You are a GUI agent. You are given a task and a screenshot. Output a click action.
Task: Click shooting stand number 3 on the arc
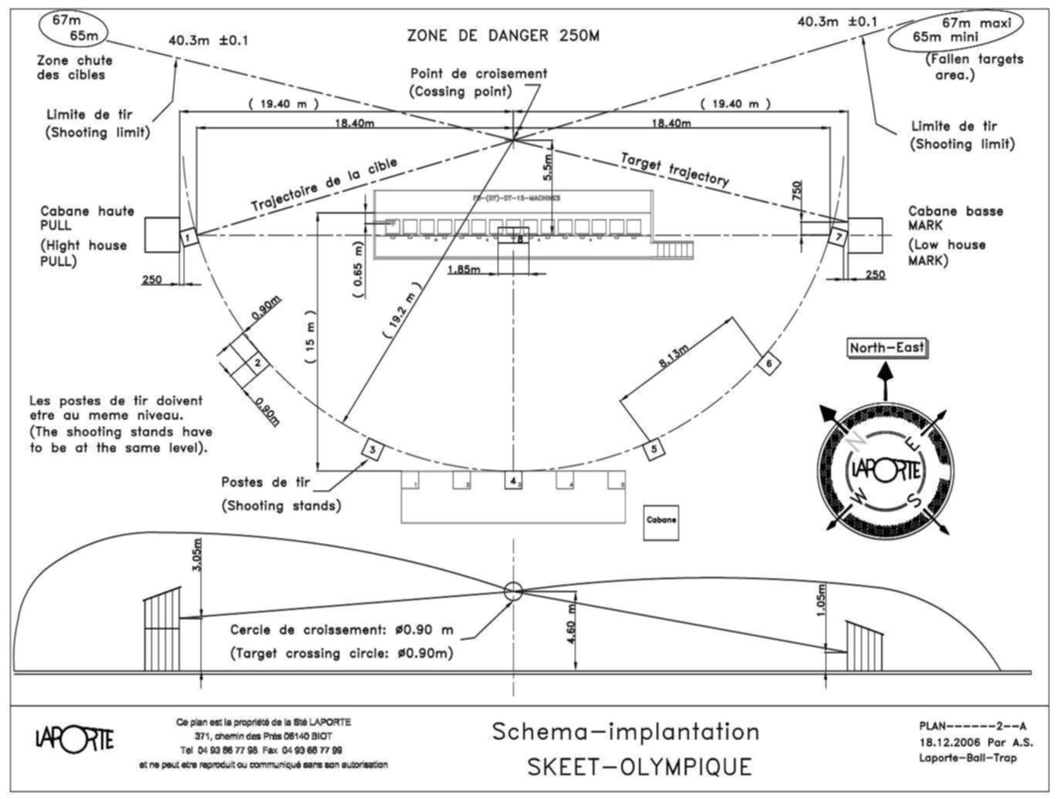(372, 448)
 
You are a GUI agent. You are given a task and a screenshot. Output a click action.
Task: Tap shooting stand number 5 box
(653, 448)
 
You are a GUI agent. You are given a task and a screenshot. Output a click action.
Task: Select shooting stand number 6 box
(768, 362)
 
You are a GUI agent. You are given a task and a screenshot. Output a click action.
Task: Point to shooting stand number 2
(258, 363)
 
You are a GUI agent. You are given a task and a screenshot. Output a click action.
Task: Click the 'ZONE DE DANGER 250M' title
(502, 35)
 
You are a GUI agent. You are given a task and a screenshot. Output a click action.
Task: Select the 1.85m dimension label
(464, 269)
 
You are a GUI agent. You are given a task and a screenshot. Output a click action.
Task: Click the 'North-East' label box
(887, 348)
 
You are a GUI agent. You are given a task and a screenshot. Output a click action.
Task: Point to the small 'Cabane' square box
(661, 521)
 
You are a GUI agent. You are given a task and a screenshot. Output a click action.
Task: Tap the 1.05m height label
(822, 600)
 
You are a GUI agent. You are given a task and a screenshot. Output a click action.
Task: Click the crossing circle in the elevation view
(513, 592)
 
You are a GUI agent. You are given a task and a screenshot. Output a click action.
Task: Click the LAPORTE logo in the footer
(74, 738)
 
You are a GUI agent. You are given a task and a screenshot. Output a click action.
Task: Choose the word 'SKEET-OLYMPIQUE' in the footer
(639, 767)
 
